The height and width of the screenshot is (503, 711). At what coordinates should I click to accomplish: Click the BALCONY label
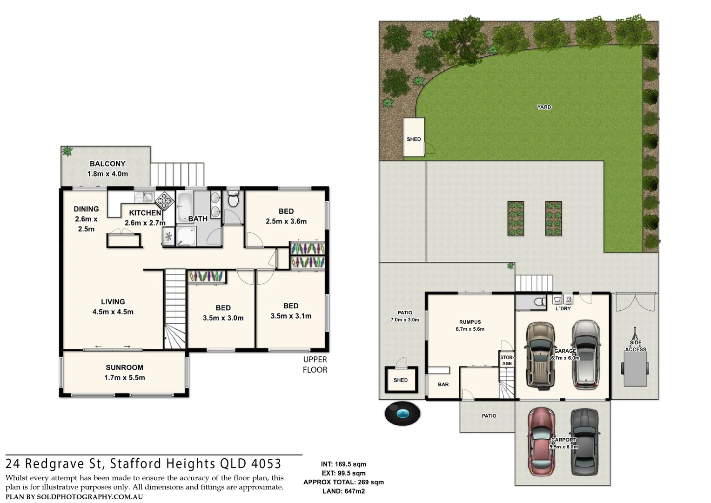[107, 164]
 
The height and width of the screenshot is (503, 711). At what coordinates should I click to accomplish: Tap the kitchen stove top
[164, 201]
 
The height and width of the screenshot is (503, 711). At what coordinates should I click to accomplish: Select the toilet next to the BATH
[233, 200]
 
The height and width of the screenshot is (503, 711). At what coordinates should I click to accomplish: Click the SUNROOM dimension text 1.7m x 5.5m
[124, 378]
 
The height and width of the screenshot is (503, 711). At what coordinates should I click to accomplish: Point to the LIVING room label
[113, 302]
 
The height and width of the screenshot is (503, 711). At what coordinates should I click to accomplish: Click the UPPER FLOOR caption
[315, 365]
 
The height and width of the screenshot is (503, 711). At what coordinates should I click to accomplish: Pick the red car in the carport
[540, 441]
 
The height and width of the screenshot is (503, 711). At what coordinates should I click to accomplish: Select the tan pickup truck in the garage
[540, 355]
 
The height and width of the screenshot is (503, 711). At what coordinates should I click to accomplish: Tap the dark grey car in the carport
[584, 441]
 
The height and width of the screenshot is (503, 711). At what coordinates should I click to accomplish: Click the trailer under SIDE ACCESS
[635, 368]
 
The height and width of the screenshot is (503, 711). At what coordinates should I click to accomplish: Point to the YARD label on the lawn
[544, 107]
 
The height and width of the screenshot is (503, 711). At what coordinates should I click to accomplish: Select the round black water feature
[402, 413]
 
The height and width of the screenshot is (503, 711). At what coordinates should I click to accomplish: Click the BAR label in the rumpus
[443, 384]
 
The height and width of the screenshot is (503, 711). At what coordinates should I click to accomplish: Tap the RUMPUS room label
[470, 322]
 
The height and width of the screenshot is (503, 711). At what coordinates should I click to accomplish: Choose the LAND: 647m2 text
[343, 491]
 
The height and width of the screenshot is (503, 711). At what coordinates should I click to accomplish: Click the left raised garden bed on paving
[516, 218]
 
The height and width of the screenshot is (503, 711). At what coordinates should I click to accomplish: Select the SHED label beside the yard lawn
[414, 139]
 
